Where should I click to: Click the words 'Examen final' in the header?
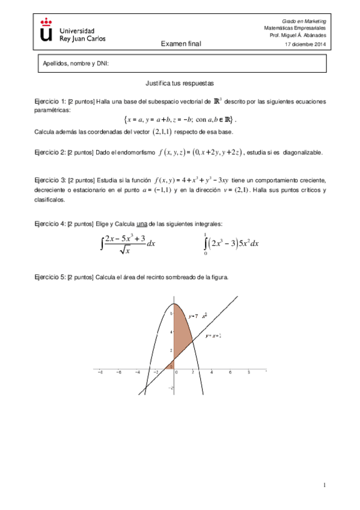(x=181, y=44)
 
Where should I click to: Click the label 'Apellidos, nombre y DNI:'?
(x=75, y=64)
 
